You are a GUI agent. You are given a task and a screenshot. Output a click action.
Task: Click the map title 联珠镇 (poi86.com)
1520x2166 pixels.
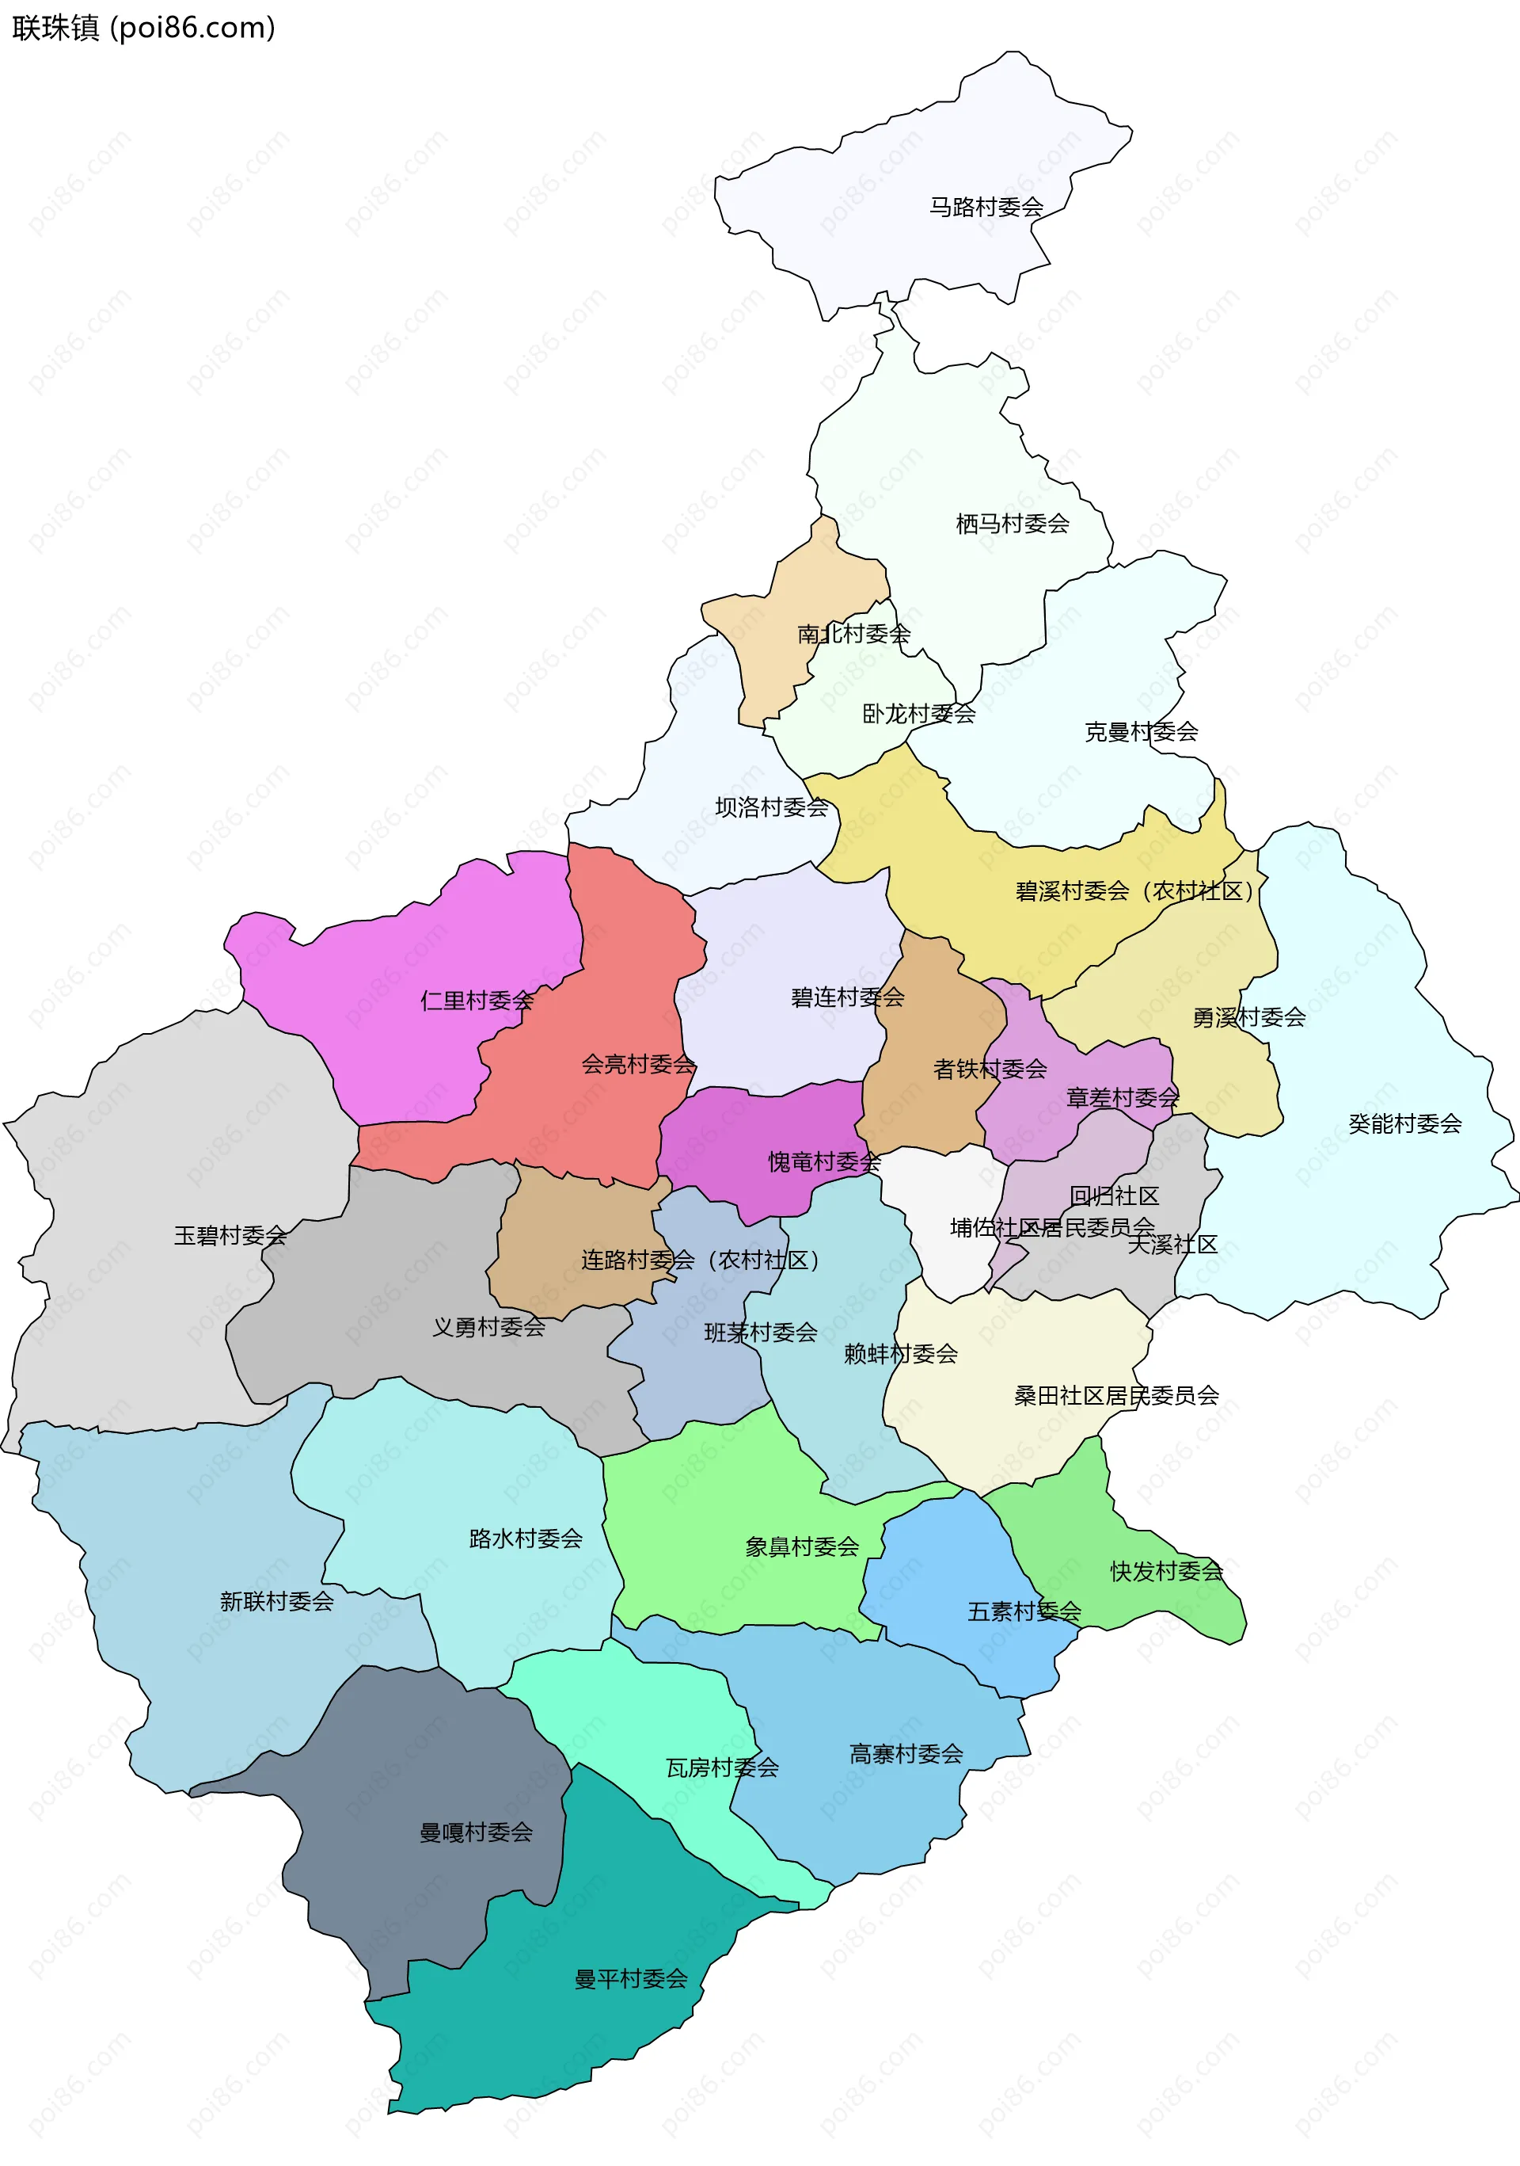pos(143,29)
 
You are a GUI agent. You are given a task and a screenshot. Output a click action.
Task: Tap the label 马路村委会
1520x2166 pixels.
pos(986,207)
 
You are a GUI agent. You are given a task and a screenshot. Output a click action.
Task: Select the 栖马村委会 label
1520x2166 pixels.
pos(1012,524)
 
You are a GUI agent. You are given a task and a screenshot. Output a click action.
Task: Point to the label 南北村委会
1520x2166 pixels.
pos(853,634)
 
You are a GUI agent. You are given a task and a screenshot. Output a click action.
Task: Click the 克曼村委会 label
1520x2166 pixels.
pos(1141,731)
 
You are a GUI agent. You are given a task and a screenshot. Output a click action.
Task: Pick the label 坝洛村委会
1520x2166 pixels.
pos(771,807)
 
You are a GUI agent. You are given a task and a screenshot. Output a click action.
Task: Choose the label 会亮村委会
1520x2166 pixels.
pos(638,1064)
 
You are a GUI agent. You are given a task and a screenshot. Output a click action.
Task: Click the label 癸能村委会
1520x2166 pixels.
pos(1404,1123)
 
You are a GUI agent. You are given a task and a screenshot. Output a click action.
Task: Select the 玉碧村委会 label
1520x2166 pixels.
pos(230,1235)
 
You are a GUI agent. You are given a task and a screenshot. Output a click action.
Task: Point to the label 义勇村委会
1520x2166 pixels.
pos(488,1326)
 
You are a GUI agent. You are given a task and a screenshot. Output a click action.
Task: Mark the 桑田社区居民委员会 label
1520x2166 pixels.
pos(1115,1395)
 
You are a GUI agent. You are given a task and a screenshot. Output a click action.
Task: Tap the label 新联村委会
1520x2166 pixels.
pos(276,1601)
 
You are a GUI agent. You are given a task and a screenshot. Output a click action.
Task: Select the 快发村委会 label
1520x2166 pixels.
pos(1166,1571)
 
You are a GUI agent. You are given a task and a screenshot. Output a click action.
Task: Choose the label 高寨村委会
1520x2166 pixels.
pos(906,1754)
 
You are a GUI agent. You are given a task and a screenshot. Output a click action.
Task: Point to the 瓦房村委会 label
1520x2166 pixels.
pos(722,1767)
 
